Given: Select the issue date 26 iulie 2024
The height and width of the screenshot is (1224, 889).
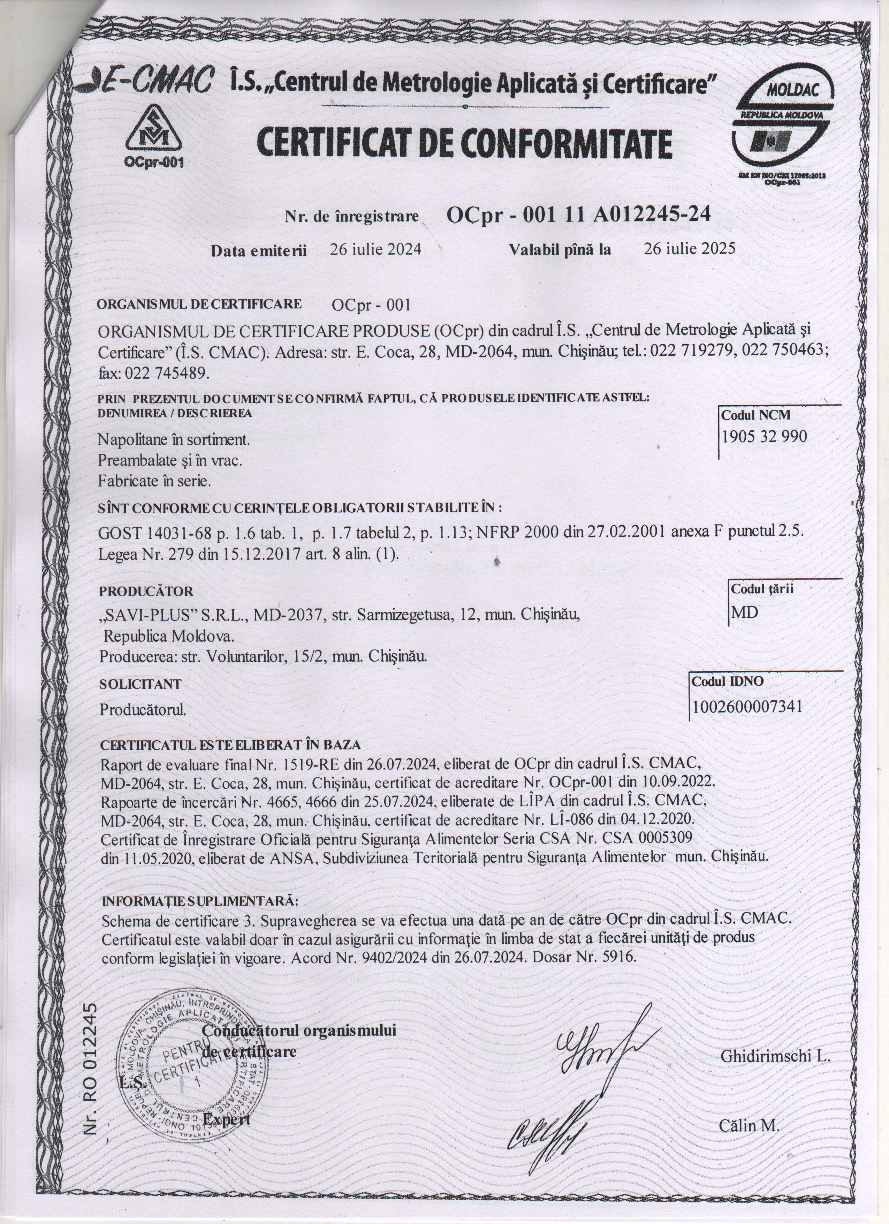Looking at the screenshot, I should point(375,249).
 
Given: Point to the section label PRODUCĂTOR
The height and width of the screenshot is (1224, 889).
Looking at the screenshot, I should point(146,591).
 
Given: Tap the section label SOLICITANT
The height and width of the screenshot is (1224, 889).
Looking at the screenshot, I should point(140,684).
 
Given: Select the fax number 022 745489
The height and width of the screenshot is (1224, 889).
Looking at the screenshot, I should point(154,373).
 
